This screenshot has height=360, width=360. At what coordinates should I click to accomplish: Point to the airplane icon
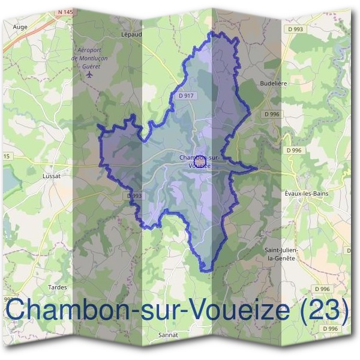[90, 76]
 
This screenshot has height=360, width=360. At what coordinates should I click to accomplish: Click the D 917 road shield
[187, 95]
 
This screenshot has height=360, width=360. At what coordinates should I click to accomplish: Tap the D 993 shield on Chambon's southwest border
[135, 196]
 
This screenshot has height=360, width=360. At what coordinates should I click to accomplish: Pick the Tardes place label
[58, 287]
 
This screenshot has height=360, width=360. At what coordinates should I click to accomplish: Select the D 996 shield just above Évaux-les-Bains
[294, 150]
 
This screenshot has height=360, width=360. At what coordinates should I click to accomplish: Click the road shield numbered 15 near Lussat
[6, 157]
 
